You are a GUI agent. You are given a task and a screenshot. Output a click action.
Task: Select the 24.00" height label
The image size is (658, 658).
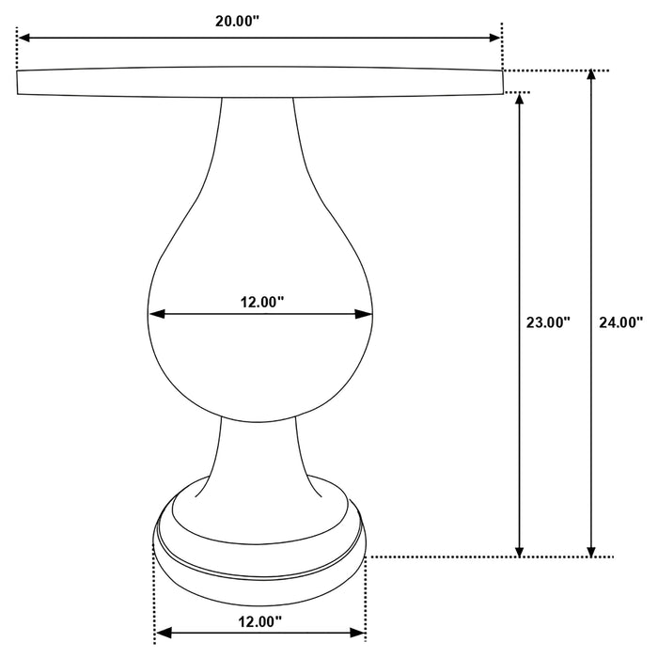[x=621, y=322]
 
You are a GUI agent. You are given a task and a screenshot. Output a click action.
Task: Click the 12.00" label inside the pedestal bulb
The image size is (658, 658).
[x=262, y=302]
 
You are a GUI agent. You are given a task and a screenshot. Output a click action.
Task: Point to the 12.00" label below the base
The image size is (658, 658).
[x=260, y=620]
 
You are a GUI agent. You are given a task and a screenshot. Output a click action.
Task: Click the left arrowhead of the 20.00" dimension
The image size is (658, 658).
[x=23, y=38]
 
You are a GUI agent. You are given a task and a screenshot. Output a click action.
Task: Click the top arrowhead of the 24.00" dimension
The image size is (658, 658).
[x=591, y=77]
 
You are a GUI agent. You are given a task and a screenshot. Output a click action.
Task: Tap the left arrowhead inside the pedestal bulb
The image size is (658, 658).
[x=156, y=314]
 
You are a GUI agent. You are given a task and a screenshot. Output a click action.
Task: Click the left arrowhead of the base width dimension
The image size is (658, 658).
[x=161, y=634]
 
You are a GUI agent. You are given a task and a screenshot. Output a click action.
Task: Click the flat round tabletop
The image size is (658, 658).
[x=259, y=82]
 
